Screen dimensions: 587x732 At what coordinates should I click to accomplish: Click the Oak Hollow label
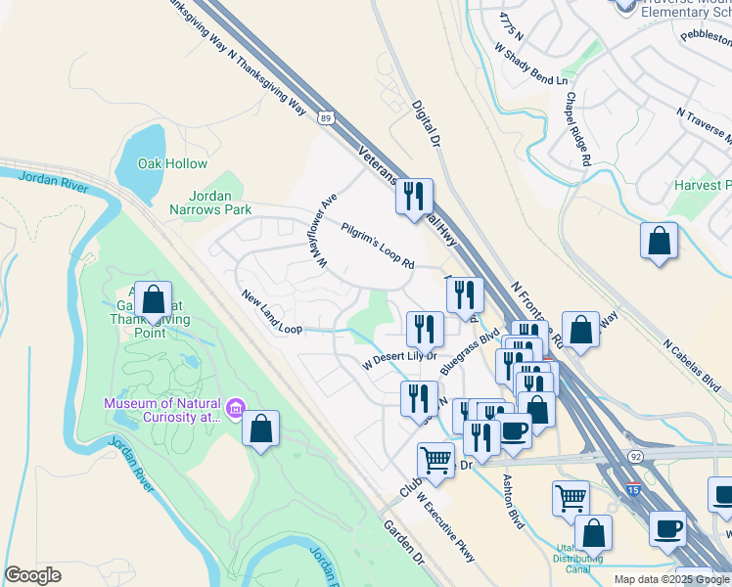coord(172,163)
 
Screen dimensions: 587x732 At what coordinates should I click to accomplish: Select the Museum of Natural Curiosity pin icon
coord(235,408)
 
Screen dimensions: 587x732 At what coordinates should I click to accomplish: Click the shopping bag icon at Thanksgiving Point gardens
coord(153,302)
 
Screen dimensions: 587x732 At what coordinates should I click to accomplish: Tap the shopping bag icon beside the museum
coord(260,429)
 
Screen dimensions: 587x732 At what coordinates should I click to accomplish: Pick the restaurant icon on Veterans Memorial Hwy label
coord(414,197)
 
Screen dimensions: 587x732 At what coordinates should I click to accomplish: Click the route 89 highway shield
coord(324,117)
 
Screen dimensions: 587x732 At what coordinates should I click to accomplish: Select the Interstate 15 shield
coord(633,491)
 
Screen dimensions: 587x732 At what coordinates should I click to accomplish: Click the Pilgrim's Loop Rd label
coord(378,246)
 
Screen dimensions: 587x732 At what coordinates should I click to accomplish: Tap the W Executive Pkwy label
coord(446,525)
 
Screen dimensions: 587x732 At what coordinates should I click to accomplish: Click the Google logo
coord(33,575)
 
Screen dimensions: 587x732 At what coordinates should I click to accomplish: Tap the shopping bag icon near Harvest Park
coord(660,242)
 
